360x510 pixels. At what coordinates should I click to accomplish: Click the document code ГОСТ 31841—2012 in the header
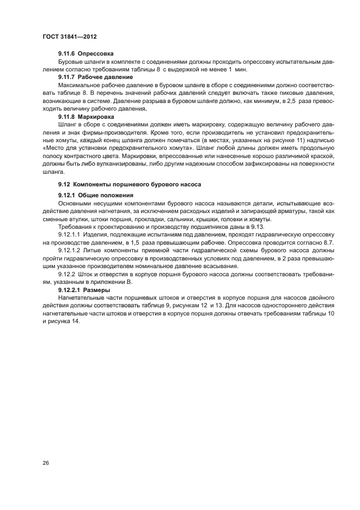[70, 37]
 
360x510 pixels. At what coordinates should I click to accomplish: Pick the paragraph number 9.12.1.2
[70, 250]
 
